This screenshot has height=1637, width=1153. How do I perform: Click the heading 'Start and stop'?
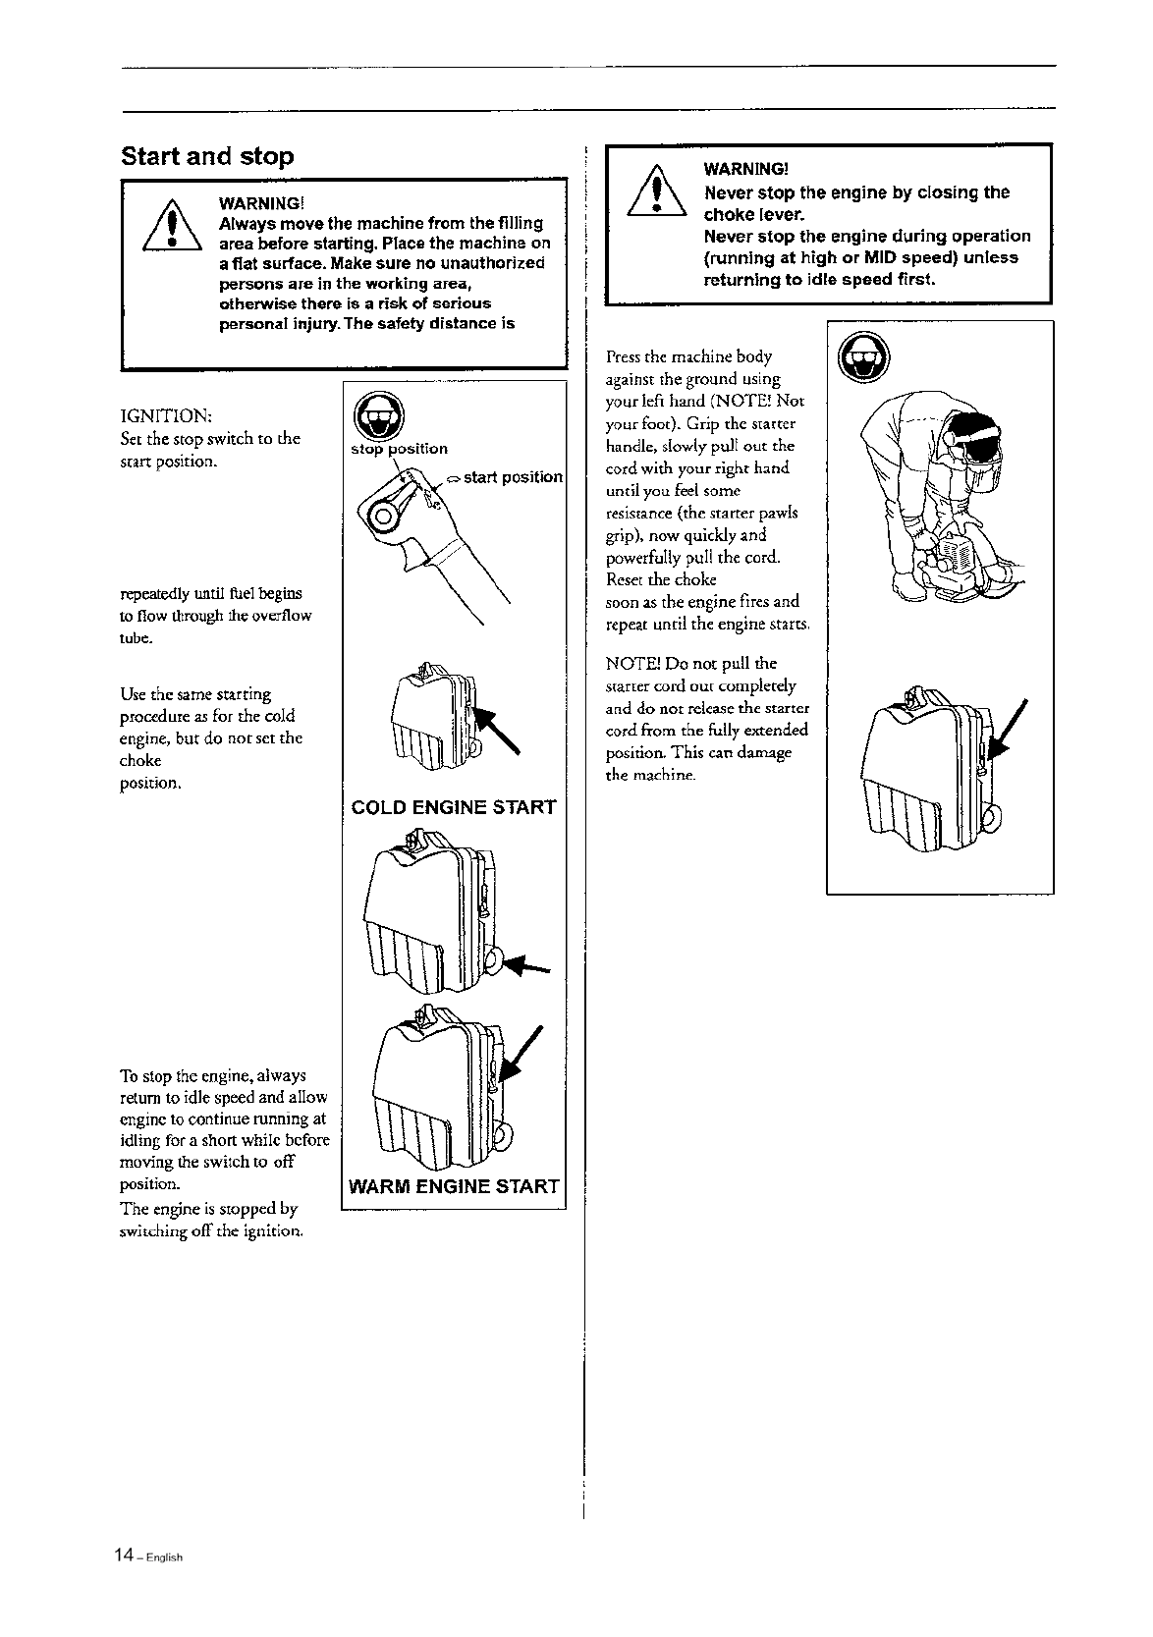pyautogui.click(x=206, y=156)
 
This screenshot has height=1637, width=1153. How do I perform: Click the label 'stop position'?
pyautogui.click(x=400, y=449)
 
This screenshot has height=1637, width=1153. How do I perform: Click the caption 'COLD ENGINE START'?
pyautogui.click(x=454, y=808)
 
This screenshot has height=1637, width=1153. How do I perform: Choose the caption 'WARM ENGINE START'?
pyautogui.click(x=455, y=1186)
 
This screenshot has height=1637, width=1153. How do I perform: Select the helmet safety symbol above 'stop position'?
pyautogui.click(x=373, y=417)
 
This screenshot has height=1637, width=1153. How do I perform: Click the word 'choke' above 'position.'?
pyautogui.click(x=139, y=761)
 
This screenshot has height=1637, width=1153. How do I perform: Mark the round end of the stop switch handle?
pyautogui.click(x=383, y=512)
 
